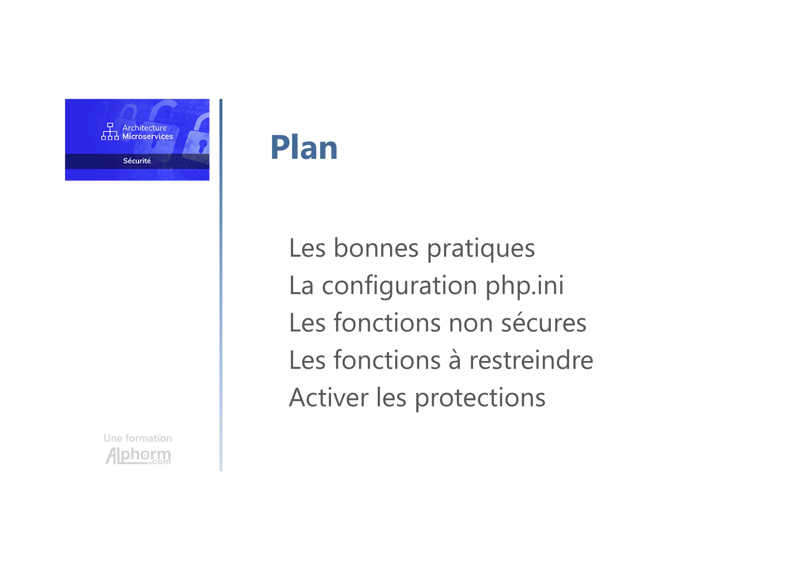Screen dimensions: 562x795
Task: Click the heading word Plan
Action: point(304,147)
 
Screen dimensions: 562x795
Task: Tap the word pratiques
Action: point(481,249)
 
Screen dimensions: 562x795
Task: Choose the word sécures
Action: point(543,323)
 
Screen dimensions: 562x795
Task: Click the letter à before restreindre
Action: point(455,360)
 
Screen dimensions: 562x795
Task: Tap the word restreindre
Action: point(531,360)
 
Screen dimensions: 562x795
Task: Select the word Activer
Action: point(328,398)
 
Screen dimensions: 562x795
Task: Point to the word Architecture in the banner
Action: point(144,128)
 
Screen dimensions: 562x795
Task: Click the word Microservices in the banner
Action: point(148,136)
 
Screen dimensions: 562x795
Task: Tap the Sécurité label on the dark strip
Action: point(137,161)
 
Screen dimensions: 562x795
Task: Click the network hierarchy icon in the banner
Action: point(110,132)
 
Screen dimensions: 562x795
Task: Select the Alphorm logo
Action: point(138,456)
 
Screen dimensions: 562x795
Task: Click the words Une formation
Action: point(138,438)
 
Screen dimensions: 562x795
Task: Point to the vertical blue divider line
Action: point(221,285)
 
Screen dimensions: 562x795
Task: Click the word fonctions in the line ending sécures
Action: point(387,323)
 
